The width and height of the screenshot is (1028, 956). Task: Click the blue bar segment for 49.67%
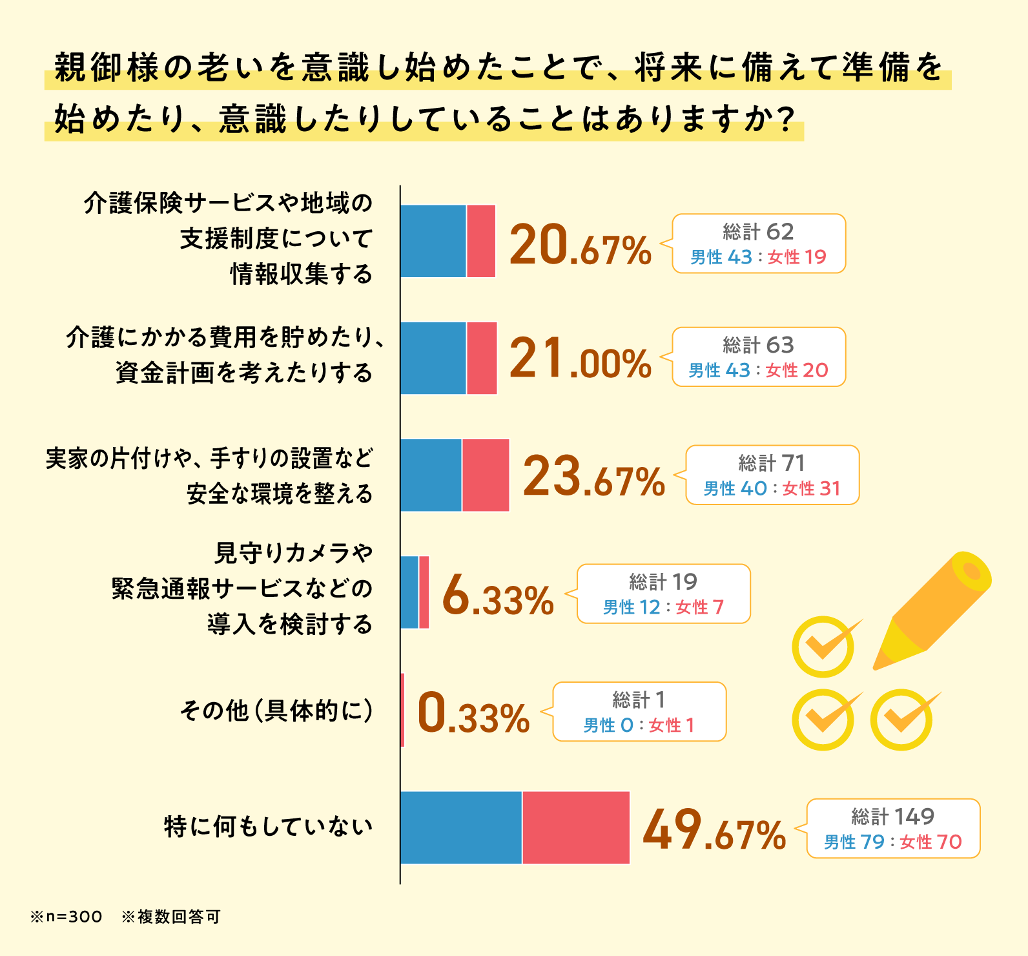[x=460, y=827]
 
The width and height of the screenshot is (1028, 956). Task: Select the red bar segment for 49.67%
[x=575, y=827]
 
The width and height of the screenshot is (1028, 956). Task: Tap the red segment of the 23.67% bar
[x=486, y=475]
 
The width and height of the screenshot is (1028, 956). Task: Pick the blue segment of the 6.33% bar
[x=409, y=592]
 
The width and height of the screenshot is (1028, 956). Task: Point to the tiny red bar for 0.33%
[x=402, y=710]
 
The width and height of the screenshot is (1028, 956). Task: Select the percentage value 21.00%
[x=580, y=360]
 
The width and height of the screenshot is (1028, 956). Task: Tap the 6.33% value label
[x=498, y=597]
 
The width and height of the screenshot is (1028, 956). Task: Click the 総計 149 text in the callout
[x=892, y=816]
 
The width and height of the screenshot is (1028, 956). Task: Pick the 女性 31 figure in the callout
[x=811, y=489]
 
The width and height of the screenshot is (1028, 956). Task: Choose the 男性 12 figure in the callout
[x=631, y=608]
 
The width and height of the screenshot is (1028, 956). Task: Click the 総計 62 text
[x=758, y=232]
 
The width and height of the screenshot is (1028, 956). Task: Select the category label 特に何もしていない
[x=268, y=827]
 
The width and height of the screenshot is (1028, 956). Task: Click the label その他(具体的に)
[x=276, y=711]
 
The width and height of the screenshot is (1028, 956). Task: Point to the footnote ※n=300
[x=66, y=917]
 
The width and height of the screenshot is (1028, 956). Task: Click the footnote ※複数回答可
[x=171, y=917]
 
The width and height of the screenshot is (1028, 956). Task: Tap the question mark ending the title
[x=785, y=119]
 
